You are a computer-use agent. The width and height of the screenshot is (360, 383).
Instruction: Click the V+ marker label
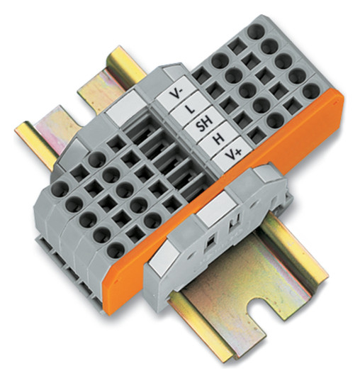point(231,154)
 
